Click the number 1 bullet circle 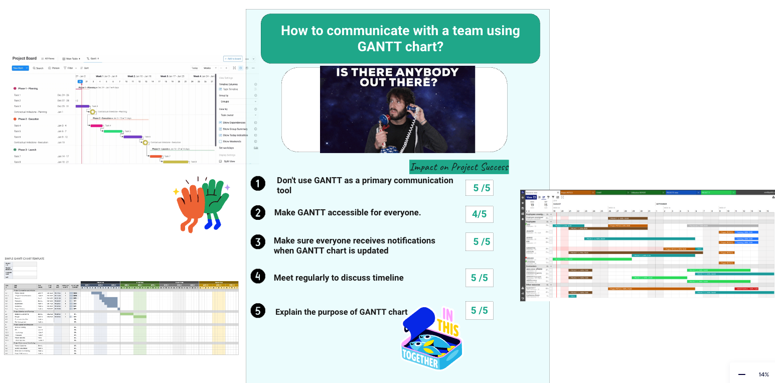click(x=258, y=184)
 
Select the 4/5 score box click(x=479, y=214)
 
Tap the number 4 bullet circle click(x=258, y=277)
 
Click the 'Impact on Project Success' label click(x=459, y=167)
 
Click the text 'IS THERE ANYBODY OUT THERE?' click(x=397, y=77)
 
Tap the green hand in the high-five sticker click(x=216, y=201)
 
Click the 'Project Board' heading click(x=24, y=59)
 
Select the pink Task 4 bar click(x=96, y=125)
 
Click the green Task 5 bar click(x=113, y=131)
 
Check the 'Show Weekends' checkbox click(x=220, y=142)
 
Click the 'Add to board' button click(x=233, y=59)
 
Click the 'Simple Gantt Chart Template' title click(x=24, y=259)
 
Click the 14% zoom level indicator click(x=763, y=374)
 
